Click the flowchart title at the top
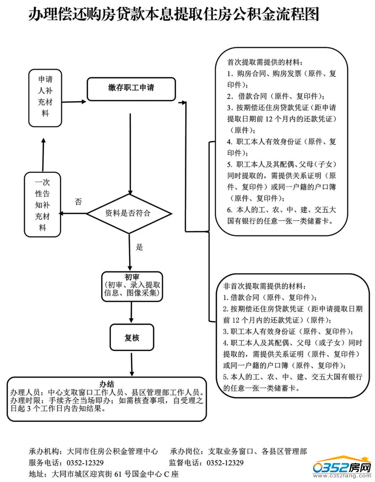[x=173, y=15]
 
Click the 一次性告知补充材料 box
[x=42, y=205]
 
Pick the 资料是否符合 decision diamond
[x=129, y=213]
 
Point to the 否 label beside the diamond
[x=78, y=202]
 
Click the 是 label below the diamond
[x=139, y=247]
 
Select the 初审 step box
[x=132, y=286]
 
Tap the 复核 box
[x=132, y=338]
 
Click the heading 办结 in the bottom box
[x=107, y=384]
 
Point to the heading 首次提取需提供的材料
[x=265, y=63]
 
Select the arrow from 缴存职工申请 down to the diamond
[x=130, y=153]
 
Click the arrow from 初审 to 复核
[x=131, y=312]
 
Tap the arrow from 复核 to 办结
[x=131, y=364]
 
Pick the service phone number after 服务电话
[x=85, y=463]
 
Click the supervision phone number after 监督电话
[x=225, y=463]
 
